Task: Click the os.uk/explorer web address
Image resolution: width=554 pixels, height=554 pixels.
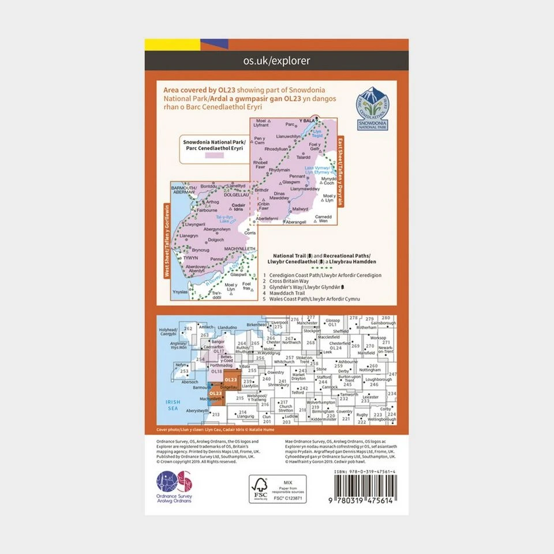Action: point(277,61)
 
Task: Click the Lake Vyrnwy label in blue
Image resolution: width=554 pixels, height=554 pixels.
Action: point(317,170)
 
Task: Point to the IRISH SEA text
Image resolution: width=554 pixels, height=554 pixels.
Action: point(173,405)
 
